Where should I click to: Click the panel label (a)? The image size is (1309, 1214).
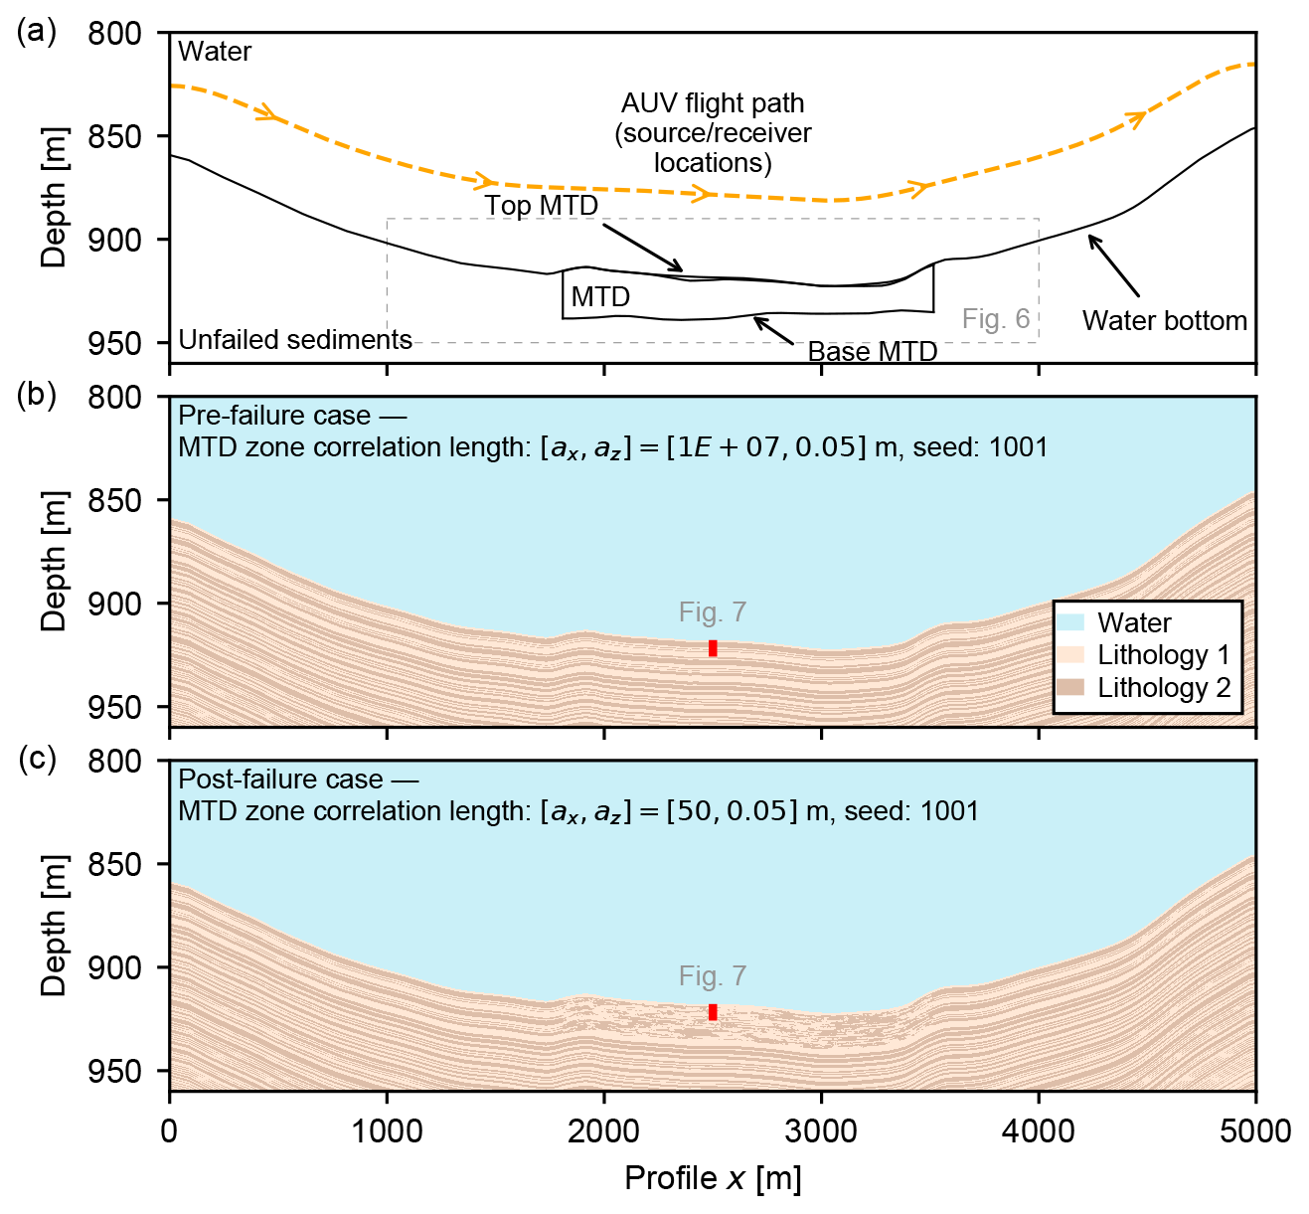(x=37, y=32)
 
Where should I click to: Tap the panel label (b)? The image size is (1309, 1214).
(x=37, y=395)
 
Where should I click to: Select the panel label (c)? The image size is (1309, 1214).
(x=37, y=759)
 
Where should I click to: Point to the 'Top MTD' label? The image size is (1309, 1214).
(x=542, y=206)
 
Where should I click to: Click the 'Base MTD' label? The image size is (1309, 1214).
(x=872, y=352)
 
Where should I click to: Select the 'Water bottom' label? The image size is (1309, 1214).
(x=1164, y=320)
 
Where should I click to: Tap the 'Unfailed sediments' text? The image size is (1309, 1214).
(x=295, y=340)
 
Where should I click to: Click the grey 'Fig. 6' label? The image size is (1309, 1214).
(x=996, y=318)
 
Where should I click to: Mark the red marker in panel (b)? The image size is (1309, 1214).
(x=713, y=648)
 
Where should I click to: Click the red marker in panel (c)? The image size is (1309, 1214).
(x=713, y=1012)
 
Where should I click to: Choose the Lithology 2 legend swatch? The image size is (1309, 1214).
(x=1070, y=688)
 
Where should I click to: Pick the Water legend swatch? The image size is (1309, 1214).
(x=1070, y=623)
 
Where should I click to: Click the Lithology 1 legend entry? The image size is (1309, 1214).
(x=1163, y=655)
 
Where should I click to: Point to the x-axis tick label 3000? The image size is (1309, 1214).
(x=821, y=1131)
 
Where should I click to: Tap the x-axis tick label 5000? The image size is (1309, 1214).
(x=1255, y=1131)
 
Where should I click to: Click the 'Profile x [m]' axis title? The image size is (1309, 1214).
(x=713, y=1178)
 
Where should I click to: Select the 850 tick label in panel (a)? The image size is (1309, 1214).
(x=115, y=136)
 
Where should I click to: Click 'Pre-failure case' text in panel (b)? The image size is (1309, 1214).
(x=274, y=416)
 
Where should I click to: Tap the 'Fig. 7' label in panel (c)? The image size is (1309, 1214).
(x=713, y=976)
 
